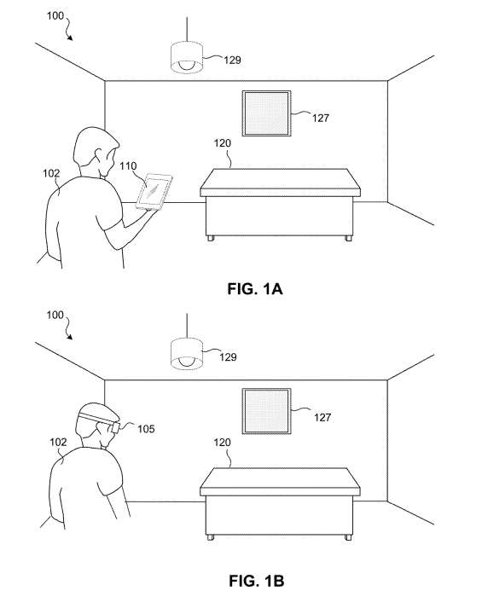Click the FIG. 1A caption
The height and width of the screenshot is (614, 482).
(x=255, y=289)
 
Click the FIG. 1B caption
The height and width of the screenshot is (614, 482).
(x=257, y=581)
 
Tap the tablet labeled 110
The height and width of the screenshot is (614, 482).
(x=154, y=192)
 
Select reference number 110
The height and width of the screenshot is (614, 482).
(x=128, y=166)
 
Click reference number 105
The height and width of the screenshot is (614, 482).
(x=146, y=429)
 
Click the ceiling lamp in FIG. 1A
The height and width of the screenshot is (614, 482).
(x=187, y=57)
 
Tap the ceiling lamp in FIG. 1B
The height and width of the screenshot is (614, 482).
(x=187, y=354)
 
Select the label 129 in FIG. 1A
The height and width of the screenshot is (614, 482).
(x=232, y=60)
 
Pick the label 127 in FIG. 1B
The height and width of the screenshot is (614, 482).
(x=322, y=417)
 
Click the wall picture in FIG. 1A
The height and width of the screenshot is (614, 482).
(x=266, y=113)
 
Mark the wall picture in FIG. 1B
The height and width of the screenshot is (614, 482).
(x=266, y=411)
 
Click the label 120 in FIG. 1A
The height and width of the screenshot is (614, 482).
(x=223, y=143)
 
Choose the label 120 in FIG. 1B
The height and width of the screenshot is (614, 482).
(x=222, y=443)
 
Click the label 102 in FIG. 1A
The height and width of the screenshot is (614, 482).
(x=51, y=173)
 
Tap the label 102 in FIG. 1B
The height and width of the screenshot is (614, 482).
(x=58, y=442)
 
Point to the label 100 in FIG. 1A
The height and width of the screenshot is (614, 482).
(x=55, y=15)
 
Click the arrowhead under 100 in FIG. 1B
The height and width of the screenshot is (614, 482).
(x=70, y=337)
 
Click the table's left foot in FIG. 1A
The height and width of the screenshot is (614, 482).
(x=211, y=238)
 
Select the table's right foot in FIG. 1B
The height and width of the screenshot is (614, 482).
(x=348, y=537)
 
